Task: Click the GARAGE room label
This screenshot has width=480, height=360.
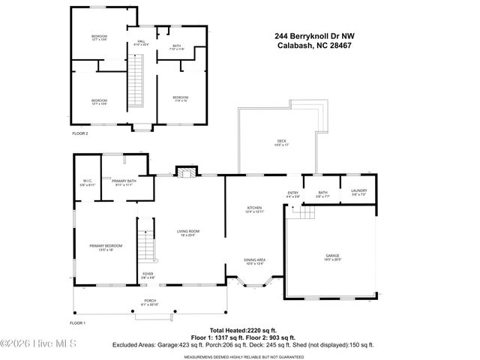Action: [x=332, y=255]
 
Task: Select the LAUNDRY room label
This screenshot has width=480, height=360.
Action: [x=358, y=192]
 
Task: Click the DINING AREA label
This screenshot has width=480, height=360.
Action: [x=254, y=261]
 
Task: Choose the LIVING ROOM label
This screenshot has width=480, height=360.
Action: [x=187, y=232]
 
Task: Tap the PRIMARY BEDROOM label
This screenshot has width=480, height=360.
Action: [x=100, y=247]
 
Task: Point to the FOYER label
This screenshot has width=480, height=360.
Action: [x=148, y=274]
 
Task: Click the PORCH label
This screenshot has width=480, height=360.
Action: [x=150, y=302]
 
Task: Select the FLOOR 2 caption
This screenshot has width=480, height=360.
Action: [x=79, y=133]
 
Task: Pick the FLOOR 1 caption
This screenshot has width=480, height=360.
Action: [x=78, y=322]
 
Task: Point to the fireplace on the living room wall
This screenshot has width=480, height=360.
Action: [x=186, y=172]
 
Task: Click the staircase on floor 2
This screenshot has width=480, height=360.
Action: [x=136, y=86]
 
